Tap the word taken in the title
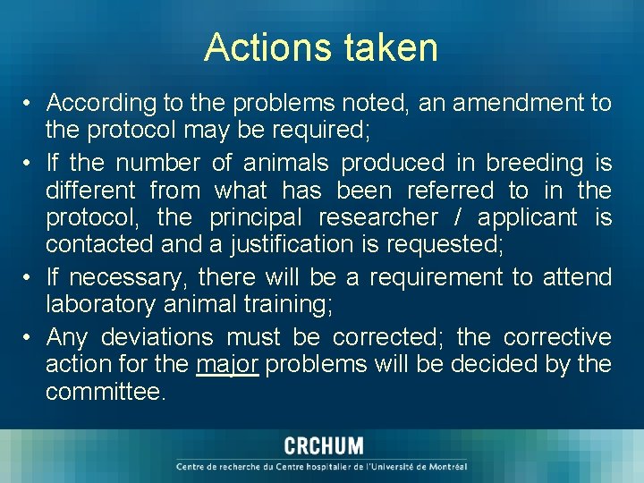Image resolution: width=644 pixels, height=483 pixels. (x=386, y=47)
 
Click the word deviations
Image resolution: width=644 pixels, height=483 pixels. (x=157, y=337)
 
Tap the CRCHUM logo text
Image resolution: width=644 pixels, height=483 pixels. (x=323, y=446)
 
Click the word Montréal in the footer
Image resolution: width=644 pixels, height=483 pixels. (x=444, y=466)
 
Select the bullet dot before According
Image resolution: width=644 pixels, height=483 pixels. (x=30, y=104)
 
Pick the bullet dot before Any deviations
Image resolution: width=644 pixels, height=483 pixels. (x=30, y=338)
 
